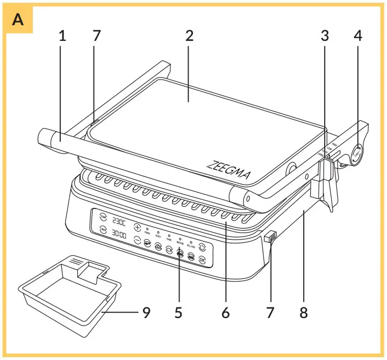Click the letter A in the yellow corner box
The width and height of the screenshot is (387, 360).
pyautogui.click(x=18, y=20)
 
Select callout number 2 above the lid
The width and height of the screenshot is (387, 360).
pyautogui.click(x=189, y=36)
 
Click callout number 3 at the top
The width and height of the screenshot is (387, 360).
pyautogui.click(x=325, y=36)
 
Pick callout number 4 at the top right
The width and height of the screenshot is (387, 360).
pyautogui.click(x=358, y=36)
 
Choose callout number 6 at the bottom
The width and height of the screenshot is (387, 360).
pyautogui.click(x=226, y=312)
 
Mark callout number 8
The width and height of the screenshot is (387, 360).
pyautogui.click(x=304, y=312)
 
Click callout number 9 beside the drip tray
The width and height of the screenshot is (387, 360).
pyautogui.click(x=146, y=312)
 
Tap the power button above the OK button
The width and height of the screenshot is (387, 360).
pyautogui.click(x=202, y=248)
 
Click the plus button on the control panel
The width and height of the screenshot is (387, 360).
pyautogui.click(x=138, y=227)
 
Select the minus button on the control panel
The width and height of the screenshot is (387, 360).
pyautogui.click(x=137, y=240)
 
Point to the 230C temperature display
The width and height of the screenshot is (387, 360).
pyautogui.click(x=119, y=221)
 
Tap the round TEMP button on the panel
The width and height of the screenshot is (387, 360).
pyautogui.click(x=103, y=217)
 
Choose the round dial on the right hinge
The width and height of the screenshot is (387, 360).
pyautogui.click(x=355, y=154)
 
